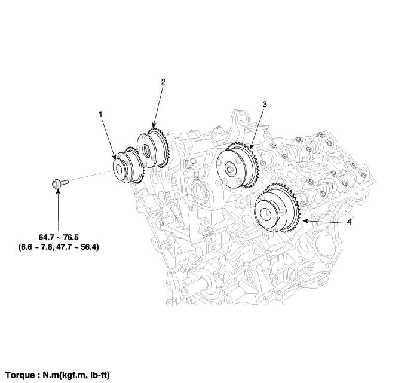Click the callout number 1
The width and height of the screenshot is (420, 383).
(x=101, y=115)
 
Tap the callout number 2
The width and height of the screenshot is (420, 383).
(x=163, y=82)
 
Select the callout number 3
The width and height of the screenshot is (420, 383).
(x=265, y=104)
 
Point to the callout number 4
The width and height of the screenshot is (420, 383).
(x=349, y=222)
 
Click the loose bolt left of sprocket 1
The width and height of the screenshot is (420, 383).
(x=60, y=183)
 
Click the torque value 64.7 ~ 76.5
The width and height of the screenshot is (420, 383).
(x=59, y=237)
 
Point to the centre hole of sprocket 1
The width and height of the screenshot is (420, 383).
(x=118, y=169)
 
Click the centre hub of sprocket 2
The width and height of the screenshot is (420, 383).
(x=146, y=149)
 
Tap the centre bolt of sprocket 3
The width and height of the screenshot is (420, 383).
(x=230, y=170)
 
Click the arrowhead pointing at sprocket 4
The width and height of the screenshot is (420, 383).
(x=305, y=220)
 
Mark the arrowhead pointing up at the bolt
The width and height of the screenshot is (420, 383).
(x=58, y=191)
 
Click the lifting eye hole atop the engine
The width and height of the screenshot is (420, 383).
(x=243, y=118)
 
